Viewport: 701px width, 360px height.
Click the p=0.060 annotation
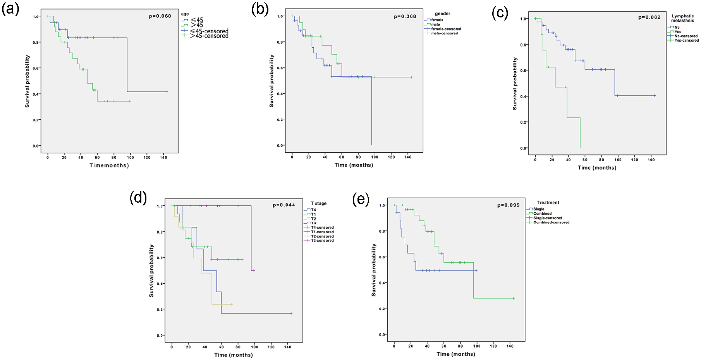tap(160, 16)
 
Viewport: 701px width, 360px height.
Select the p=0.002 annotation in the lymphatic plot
tap(649, 17)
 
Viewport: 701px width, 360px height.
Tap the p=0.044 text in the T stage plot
tap(284, 205)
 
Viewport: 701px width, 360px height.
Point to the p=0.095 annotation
tap(509, 205)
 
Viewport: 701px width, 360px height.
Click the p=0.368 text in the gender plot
tap(405, 17)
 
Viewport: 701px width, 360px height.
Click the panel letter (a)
tap(10, 9)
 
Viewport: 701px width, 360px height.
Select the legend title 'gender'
tap(442, 14)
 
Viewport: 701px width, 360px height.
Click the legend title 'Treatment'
tap(548, 203)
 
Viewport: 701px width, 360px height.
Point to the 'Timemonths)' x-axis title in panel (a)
tap(109, 165)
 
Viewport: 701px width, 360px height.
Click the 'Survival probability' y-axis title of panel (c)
tap(515, 84)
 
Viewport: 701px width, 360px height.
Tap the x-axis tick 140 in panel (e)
tap(510, 346)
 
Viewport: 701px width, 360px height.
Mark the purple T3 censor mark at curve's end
tap(254, 270)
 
